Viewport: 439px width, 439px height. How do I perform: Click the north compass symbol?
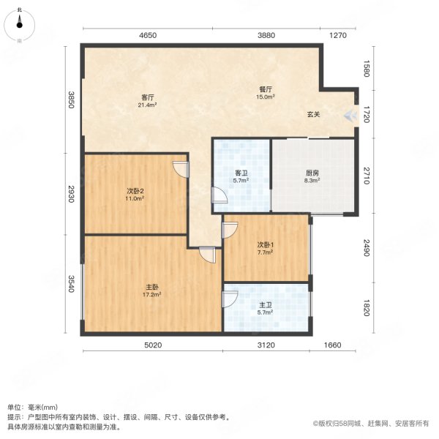pos(19,24)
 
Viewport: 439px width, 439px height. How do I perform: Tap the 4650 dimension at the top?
pos(149,35)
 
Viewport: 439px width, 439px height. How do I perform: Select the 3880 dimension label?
pos(266,35)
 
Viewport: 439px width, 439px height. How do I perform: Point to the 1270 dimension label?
pos(338,35)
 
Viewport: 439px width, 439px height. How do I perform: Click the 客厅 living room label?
pos(147,97)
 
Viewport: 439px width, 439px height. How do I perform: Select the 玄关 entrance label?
pos(314,115)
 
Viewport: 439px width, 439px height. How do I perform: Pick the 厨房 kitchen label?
pos(312,173)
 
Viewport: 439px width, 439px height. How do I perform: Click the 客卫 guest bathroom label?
pos(241,173)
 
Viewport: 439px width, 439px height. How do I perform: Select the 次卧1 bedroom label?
pos(265,244)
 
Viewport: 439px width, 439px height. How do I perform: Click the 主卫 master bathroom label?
pos(265,307)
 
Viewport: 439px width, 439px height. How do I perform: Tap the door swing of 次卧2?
pos(180,169)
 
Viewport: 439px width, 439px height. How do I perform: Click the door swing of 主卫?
pos(230,299)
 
